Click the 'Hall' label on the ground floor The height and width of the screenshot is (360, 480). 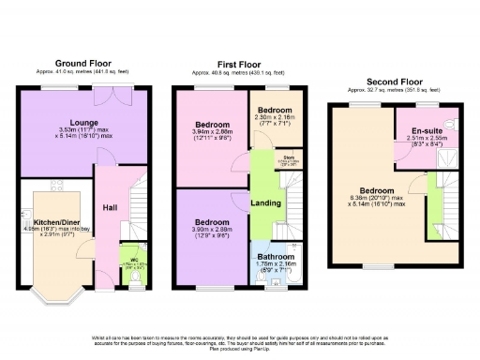tap(110, 207)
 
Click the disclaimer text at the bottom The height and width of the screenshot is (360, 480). tap(240, 339)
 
